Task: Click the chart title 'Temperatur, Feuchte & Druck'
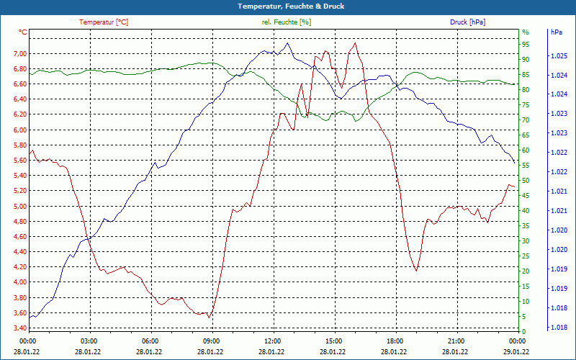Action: coord(288,6)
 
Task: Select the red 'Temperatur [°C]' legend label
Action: coord(104,22)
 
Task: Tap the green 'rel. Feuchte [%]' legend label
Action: coord(287,22)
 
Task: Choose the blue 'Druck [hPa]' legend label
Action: coord(467,22)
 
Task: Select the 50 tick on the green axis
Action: coord(526,181)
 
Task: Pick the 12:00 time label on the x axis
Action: coord(273,341)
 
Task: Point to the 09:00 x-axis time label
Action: coord(212,341)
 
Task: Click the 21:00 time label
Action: coord(456,341)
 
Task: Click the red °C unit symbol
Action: coord(23,32)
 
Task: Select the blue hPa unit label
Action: coord(557,32)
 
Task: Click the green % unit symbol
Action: coord(526,32)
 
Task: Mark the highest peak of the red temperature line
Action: coord(355,42)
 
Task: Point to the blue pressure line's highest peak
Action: coord(288,42)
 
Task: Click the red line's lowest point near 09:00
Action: coord(209,318)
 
